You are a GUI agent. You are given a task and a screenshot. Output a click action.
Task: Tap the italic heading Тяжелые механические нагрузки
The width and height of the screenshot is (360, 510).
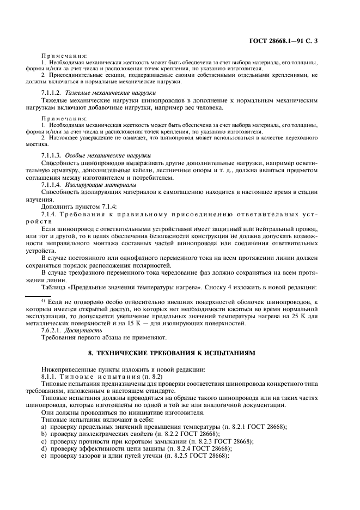111,93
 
